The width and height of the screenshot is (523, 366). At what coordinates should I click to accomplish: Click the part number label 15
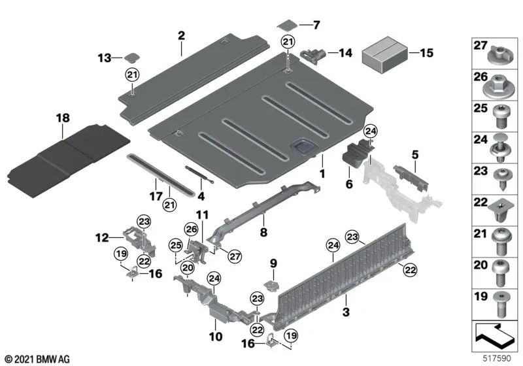pyautogui.click(x=426, y=52)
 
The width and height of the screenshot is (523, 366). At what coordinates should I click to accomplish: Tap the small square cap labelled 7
pyautogui.click(x=286, y=25)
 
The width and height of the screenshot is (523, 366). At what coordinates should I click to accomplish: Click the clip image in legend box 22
pyautogui.click(x=499, y=208)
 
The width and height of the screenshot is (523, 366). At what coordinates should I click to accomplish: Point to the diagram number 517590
pyautogui.click(x=498, y=359)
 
